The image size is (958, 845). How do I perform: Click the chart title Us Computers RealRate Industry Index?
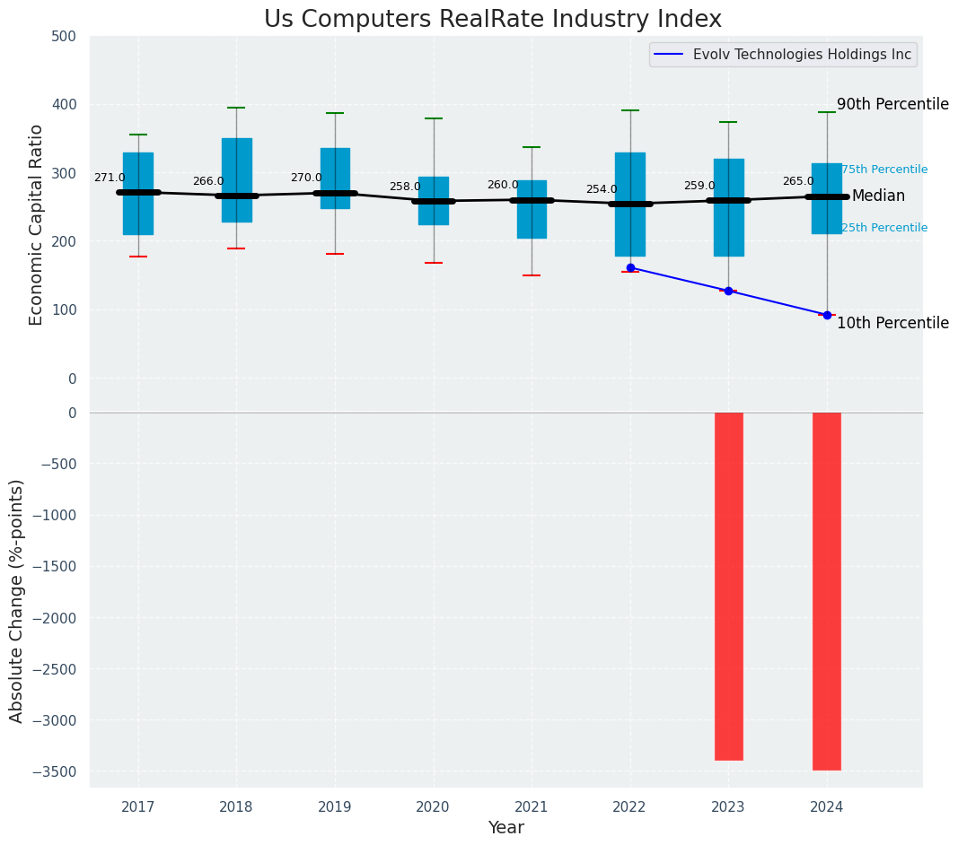(x=492, y=20)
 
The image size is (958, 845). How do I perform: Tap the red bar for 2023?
(x=728, y=586)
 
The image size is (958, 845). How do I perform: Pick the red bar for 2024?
(x=826, y=591)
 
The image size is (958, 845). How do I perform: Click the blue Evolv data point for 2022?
(x=630, y=267)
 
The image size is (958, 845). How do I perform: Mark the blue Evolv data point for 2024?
(x=827, y=315)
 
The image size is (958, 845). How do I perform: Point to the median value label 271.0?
(x=110, y=179)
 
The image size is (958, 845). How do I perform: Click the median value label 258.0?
(x=405, y=187)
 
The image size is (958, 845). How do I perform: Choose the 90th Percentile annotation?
(x=892, y=104)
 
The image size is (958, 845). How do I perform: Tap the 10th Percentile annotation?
(x=892, y=323)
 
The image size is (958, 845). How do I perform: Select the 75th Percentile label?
(x=884, y=170)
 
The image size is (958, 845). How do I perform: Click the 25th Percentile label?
(x=884, y=228)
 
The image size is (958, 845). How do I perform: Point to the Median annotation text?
(x=878, y=196)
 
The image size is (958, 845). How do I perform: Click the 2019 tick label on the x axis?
(x=335, y=807)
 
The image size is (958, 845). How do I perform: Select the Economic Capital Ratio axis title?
(x=36, y=224)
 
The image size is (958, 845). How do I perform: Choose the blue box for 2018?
(x=237, y=179)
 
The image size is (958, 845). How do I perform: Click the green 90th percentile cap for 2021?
(x=532, y=147)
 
